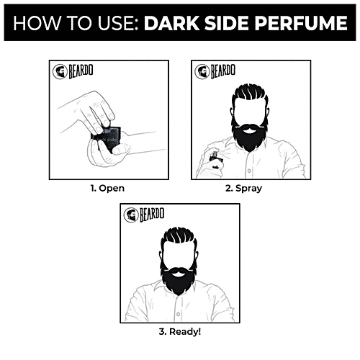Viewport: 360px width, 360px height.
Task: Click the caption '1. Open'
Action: point(106,189)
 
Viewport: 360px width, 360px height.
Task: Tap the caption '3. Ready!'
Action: point(181,333)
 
